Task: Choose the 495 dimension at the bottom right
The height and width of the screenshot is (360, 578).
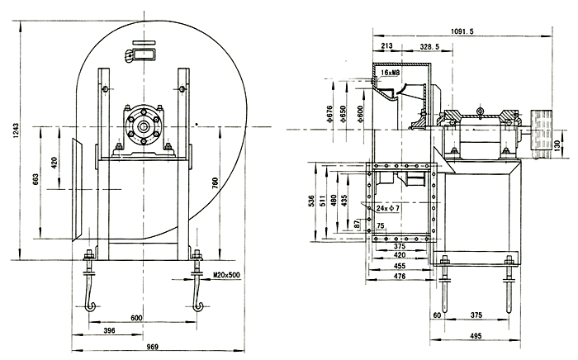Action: pos(475,337)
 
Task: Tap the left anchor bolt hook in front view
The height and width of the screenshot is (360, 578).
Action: pos(89,293)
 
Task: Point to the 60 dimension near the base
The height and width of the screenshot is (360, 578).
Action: pos(437,315)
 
